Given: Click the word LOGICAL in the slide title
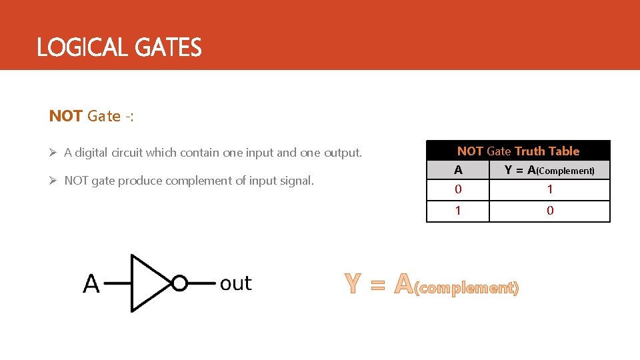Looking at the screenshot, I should pyautogui.click(x=82, y=48).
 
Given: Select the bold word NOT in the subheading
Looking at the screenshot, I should pyautogui.click(x=65, y=116).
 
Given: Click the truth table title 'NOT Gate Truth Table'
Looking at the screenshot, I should pyautogui.click(x=518, y=151).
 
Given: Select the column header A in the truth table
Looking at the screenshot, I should pyautogui.click(x=458, y=170).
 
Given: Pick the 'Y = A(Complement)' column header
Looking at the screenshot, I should pyautogui.click(x=549, y=170).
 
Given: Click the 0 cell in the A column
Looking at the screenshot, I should pyautogui.click(x=458, y=190).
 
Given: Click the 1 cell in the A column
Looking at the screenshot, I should pyautogui.click(x=458, y=211).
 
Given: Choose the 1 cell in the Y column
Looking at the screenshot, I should pyautogui.click(x=549, y=190).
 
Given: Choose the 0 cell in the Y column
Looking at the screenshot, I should pyautogui.click(x=549, y=211).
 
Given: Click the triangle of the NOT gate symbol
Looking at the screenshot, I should pyautogui.click(x=148, y=283).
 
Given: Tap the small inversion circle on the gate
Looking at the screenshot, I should pyautogui.click(x=179, y=283).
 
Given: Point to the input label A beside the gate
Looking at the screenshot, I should pyautogui.click(x=91, y=285).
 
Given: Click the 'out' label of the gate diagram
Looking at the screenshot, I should pyautogui.click(x=235, y=284).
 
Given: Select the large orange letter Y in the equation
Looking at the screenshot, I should pyautogui.click(x=353, y=285).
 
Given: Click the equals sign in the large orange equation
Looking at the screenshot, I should pyautogui.click(x=378, y=286).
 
